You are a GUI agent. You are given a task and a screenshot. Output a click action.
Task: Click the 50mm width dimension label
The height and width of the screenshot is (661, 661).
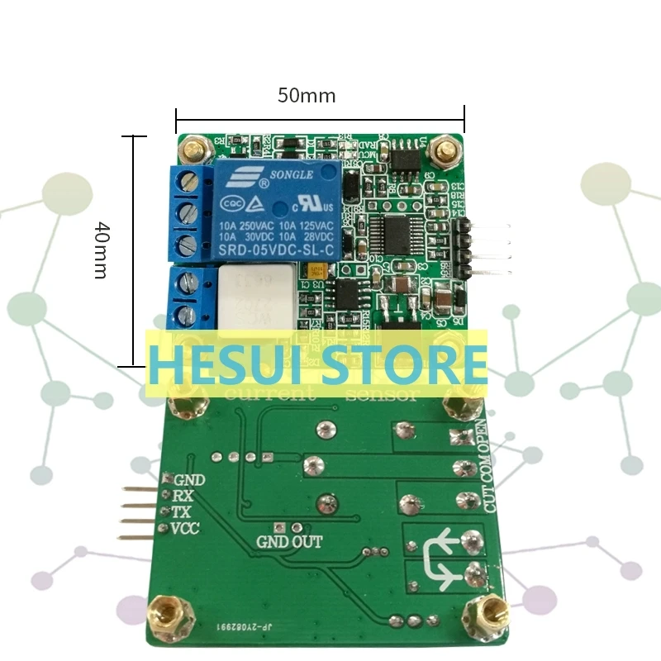(306, 96)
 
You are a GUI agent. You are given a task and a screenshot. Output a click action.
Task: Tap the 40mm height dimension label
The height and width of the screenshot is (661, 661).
(100, 249)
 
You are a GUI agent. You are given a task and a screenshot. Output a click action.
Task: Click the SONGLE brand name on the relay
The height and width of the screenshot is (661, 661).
(290, 175)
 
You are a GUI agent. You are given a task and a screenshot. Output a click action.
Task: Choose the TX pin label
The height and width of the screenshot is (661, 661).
(182, 512)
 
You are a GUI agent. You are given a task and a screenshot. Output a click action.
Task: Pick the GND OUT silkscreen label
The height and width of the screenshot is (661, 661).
(289, 542)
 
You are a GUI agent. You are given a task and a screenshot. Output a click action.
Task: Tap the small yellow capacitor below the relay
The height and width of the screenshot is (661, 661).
(316, 269)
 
